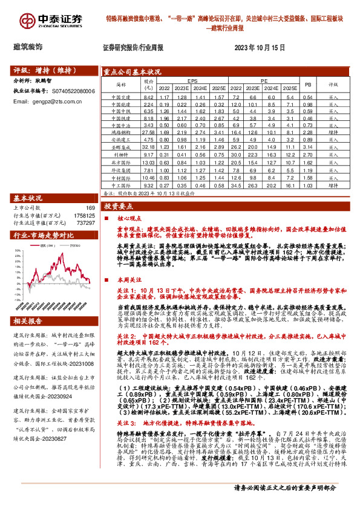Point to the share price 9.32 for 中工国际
148,186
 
